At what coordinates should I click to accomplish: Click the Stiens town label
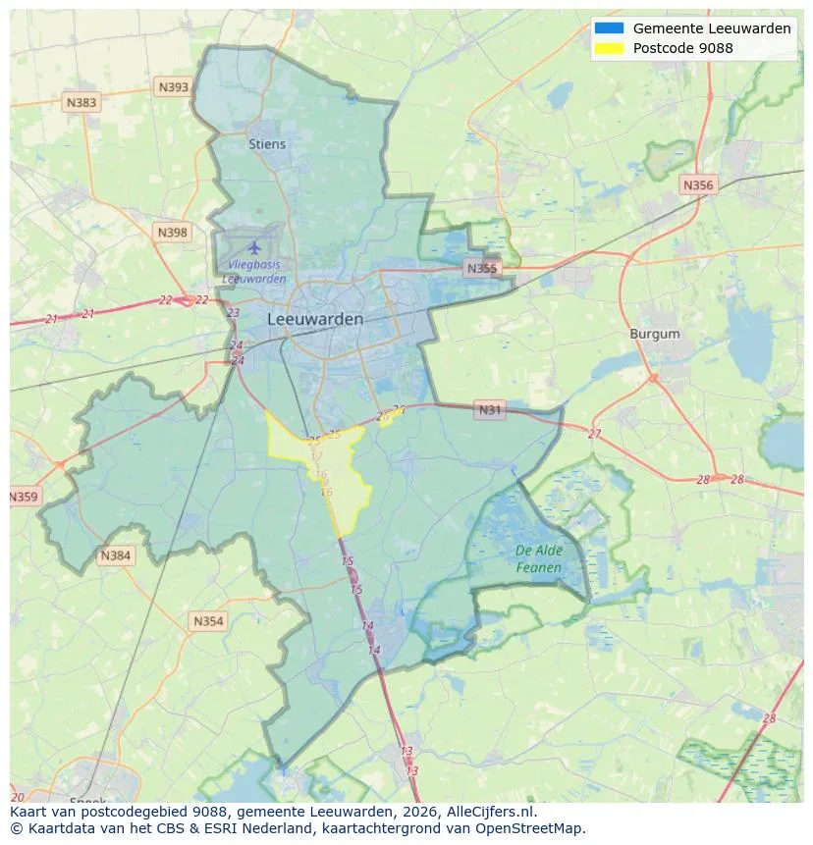click(267, 144)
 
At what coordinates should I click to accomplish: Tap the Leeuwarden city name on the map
click(315, 319)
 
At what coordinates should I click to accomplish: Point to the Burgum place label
click(655, 334)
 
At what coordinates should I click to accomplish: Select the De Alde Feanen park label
click(539, 559)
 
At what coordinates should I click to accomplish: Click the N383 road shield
click(81, 102)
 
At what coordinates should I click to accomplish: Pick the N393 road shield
click(173, 87)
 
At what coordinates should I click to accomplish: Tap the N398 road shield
click(172, 233)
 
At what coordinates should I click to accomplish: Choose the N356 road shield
click(698, 185)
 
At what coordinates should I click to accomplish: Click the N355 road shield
click(482, 268)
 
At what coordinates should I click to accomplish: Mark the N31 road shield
click(489, 409)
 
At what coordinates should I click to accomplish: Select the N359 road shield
click(23, 498)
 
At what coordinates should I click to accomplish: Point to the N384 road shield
click(115, 556)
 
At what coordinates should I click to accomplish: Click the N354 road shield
click(208, 621)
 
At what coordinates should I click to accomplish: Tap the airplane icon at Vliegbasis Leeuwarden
click(255, 246)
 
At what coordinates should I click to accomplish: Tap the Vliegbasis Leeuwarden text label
click(254, 272)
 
